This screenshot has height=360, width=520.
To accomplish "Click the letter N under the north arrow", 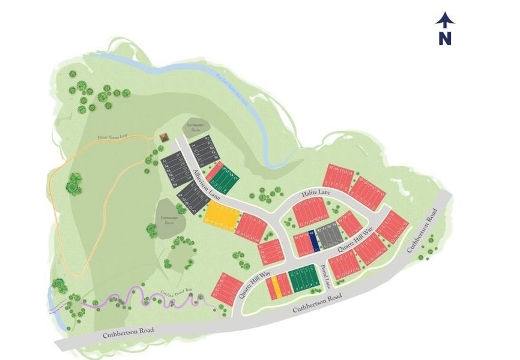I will (x=444, y=38).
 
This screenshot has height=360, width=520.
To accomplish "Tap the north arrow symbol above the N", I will (x=444, y=20).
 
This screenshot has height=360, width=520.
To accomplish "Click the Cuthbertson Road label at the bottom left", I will (x=128, y=331).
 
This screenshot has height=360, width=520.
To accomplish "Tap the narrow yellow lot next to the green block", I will (x=274, y=286).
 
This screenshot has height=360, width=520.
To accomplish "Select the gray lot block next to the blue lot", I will (x=328, y=238).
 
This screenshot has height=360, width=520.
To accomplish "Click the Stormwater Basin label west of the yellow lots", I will (x=168, y=220).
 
